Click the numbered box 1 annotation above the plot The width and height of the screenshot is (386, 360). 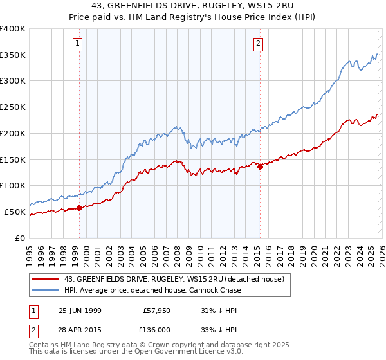78,44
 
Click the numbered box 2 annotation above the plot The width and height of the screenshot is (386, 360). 258,44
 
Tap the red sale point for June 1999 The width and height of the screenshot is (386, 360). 80,208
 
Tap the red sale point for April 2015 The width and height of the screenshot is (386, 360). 260,166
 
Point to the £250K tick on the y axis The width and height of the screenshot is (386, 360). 13,107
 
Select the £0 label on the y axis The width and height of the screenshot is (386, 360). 21,238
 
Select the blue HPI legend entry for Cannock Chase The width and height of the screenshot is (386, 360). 152,290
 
